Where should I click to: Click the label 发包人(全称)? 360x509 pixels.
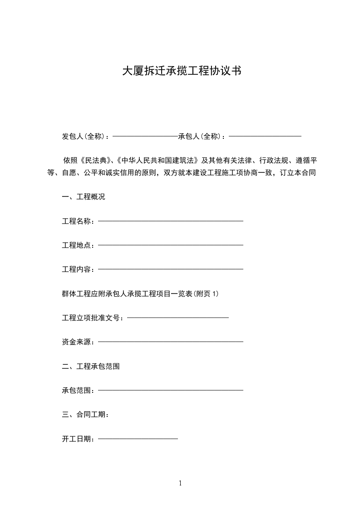(x=85, y=136)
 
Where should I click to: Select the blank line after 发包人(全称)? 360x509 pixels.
(x=145, y=136)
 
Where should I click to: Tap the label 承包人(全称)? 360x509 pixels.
(x=202, y=136)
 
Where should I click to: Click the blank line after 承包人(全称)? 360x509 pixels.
(x=266, y=136)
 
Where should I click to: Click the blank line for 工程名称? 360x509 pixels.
(x=171, y=221)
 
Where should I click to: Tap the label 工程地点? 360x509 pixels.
(x=78, y=245)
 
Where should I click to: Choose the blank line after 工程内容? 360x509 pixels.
(x=171, y=269)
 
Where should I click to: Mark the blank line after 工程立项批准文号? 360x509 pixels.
(x=178, y=318)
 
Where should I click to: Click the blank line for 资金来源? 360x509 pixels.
(x=171, y=342)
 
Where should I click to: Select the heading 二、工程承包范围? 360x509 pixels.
(x=91, y=366)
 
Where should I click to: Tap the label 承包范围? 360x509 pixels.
(x=78, y=390)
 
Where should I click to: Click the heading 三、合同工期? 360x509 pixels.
(x=85, y=414)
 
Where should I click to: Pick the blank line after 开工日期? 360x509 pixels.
(x=138, y=439)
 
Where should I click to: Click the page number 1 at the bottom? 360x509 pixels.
(x=180, y=483)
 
